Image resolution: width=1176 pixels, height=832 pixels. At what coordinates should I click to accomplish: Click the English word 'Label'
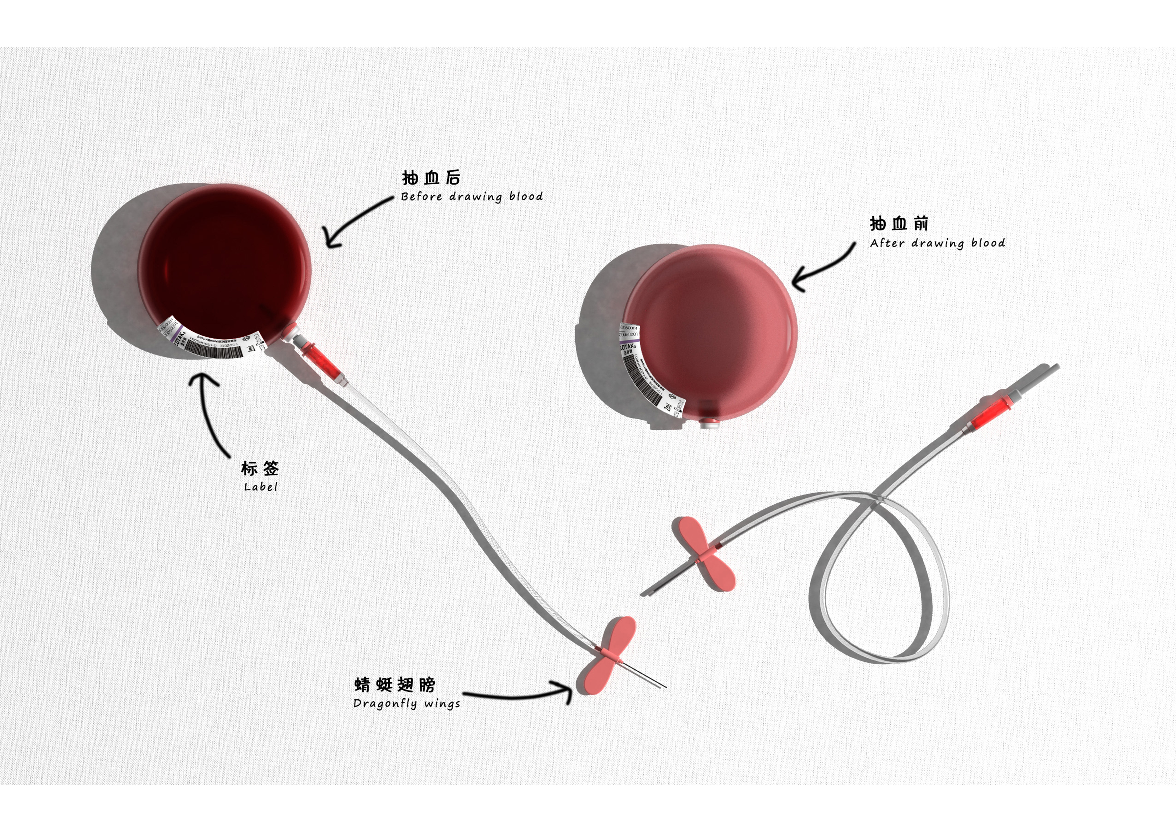pyautogui.click(x=260, y=487)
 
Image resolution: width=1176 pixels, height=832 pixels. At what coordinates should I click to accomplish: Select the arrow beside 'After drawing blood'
pyautogui.click(x=822, y=269)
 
